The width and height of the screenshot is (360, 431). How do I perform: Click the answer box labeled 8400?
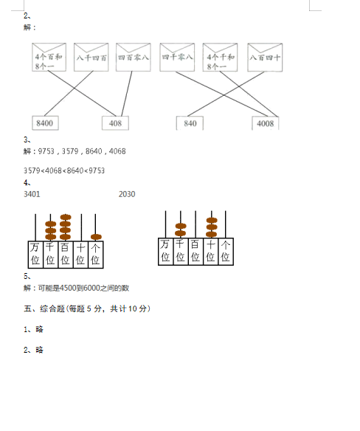click(45, 123)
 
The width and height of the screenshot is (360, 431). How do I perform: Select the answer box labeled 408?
click(115, 123)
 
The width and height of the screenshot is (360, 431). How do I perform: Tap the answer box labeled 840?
click(190, 123)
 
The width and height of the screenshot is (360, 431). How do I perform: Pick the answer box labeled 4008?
click(265, 123)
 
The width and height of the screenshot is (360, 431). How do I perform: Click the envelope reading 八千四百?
click(91, 57)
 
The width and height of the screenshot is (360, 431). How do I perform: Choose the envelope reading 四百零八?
click(134, 57)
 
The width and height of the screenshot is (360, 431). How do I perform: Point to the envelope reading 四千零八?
click(177, 57)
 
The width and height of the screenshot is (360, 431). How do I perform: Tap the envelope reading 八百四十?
click(265, 57)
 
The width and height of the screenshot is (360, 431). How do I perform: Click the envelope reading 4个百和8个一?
click(49, 57)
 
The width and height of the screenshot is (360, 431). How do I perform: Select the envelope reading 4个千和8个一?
click(220, 57)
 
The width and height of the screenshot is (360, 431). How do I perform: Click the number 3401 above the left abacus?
click(32, 194)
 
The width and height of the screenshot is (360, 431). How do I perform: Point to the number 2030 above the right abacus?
click(127, 194)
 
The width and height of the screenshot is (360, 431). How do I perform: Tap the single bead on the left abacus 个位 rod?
click(96, 237)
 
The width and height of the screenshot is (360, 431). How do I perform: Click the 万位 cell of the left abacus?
click(35, 255)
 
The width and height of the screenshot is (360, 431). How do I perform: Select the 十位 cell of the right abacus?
click(210, 251)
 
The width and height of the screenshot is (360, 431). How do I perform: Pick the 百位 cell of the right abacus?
click(195, 251)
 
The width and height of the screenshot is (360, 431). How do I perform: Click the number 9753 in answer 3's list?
click(46, 151)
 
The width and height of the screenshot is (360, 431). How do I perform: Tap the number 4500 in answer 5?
click(68, 288)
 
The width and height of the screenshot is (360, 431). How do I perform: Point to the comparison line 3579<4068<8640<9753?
click(64, 170)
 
